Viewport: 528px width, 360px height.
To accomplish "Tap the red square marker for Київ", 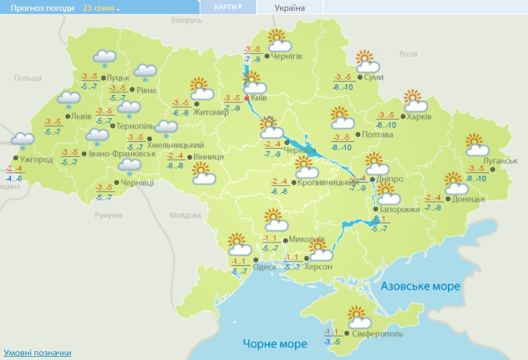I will point(247,99).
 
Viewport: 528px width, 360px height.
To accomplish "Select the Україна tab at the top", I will point(290,8).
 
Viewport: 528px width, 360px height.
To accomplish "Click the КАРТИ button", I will point(227,7).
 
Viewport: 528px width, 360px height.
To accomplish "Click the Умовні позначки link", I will point(37,353).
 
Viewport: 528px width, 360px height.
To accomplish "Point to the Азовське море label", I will point(420,286).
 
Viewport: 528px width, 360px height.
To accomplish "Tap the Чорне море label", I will point(275,344).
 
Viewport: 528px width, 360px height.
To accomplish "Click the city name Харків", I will point(420,116).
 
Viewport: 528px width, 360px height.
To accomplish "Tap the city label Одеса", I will point(264,266).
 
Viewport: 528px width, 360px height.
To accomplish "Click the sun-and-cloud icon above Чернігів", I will point(278,40).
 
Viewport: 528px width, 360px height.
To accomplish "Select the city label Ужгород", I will point(36,160).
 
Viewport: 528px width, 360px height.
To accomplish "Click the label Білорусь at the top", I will point(186,20).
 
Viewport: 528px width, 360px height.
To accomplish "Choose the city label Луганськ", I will point(500,161).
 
